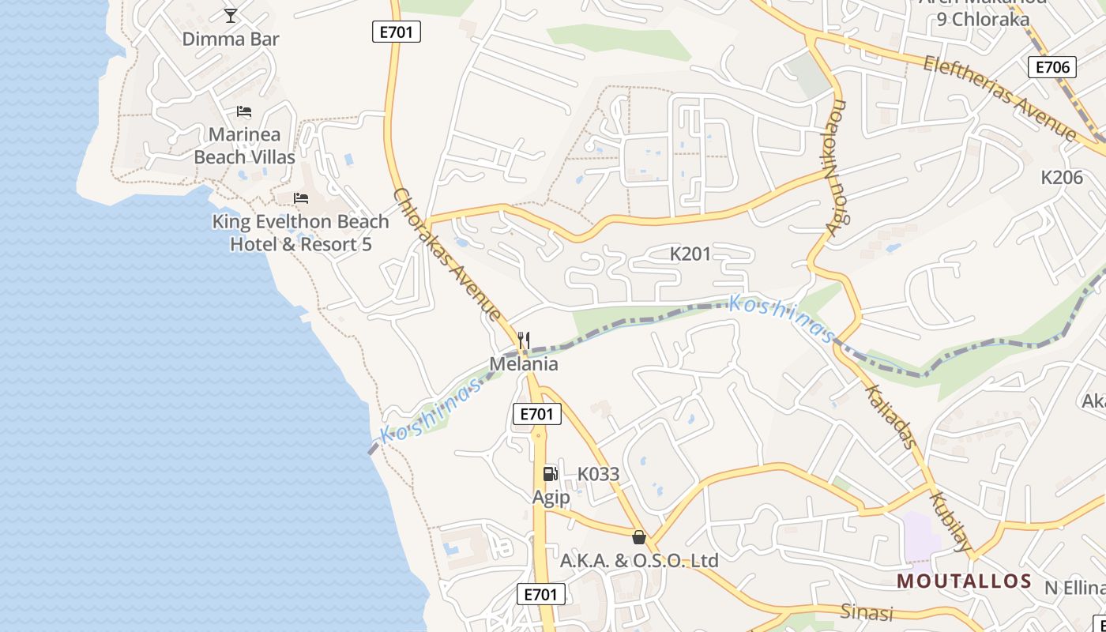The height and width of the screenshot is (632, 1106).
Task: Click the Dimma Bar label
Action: coord(231,39)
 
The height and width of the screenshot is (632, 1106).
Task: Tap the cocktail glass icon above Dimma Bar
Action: coord(231,15)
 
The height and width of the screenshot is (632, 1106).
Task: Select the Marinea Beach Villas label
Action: coord(244,145)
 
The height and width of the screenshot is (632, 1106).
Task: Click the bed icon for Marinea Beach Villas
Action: coord(244,111)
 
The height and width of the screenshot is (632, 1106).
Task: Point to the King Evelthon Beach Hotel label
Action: coord(300,233)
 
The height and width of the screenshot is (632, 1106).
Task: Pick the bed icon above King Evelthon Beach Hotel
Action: coord(301,197)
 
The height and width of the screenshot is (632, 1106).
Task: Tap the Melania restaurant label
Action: coord(524,363)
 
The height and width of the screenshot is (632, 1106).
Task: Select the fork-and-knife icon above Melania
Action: coord(524,340)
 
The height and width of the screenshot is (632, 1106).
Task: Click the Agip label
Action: coord(551,497)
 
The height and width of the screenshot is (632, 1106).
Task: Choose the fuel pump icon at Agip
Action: coord(551,473)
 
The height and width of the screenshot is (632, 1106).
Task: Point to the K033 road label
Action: coord(598,474)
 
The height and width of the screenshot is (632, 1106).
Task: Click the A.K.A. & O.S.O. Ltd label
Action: coord(639,561)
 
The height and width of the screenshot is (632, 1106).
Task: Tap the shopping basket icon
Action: coord(639,537)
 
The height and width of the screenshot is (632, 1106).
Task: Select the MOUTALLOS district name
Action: coord(965,581)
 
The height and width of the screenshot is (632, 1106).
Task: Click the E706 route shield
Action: coord(1052,67)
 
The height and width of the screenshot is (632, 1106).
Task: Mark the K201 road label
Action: coord(690,254)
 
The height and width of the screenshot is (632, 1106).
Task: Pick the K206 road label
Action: coord(1062,177)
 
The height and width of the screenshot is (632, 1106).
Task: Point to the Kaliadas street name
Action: coord(890,416)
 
